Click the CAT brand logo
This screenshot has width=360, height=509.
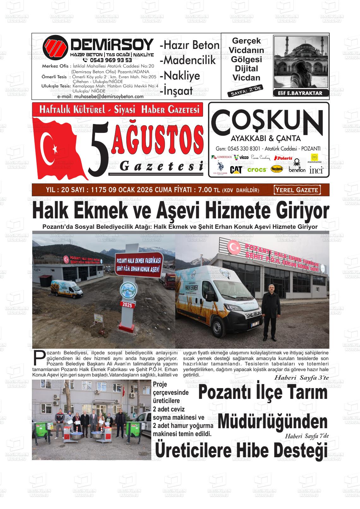click(x=236, y=170)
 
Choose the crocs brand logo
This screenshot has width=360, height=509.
click(x=257, y=170)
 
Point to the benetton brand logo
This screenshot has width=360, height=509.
click(x=297, y=169)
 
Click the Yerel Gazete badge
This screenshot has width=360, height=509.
click(x=297, y=190)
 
